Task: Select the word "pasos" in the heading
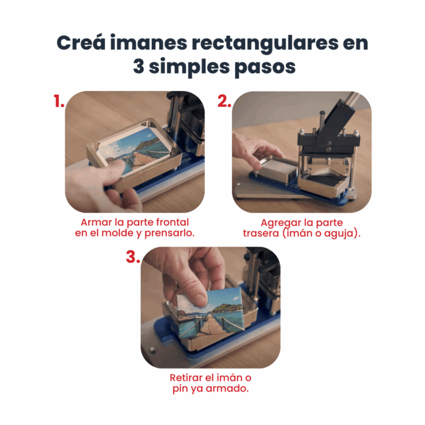265,67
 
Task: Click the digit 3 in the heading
140,67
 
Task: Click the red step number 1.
58,102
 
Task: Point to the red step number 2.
224,102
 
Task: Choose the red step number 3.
133,257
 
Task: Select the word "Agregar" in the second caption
279,222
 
